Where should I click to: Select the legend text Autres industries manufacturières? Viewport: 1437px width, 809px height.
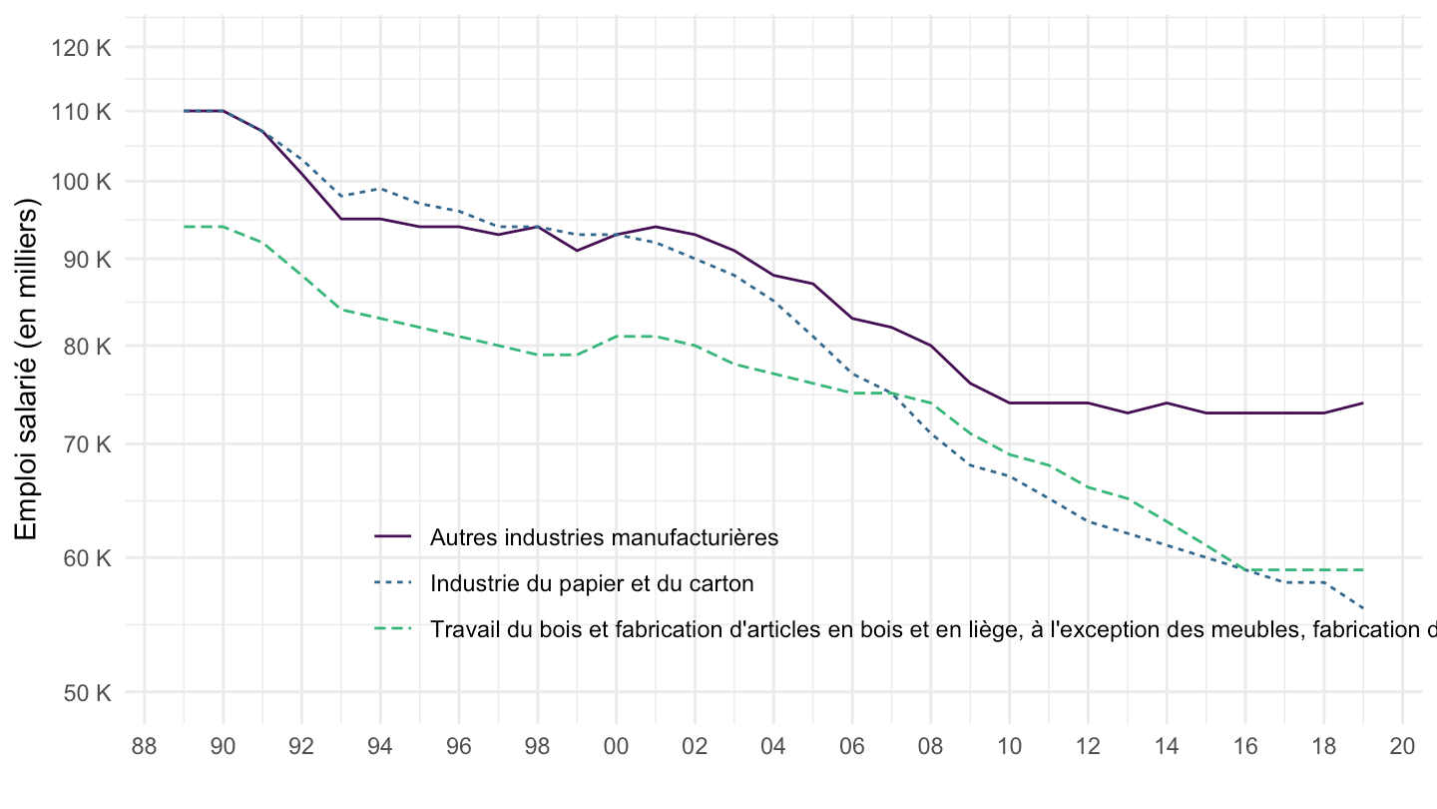click(604, 537)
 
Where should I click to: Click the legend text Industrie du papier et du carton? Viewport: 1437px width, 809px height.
click(592, 583)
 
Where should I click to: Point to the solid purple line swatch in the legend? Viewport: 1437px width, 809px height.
click(393, 536)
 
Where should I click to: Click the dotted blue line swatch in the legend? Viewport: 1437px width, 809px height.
click(393, 582)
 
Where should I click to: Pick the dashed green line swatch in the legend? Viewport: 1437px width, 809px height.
click(393, 628)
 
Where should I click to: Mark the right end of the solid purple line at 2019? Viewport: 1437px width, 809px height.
click(1362, 403)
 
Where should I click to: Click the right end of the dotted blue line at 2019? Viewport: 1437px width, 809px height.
click(1362, 608)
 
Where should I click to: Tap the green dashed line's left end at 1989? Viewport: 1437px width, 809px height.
click(185, 227)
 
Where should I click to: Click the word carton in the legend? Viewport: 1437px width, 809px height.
click(725, 583)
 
